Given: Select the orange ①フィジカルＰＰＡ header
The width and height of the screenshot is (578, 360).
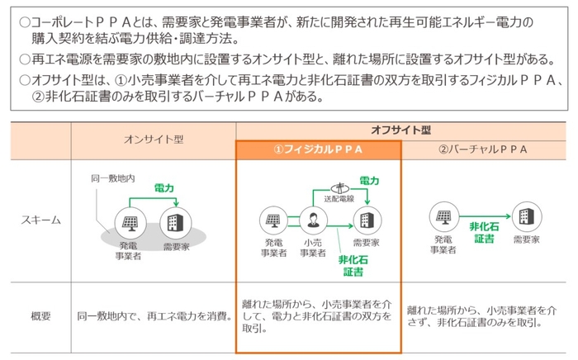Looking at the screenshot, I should [x=318, y=149].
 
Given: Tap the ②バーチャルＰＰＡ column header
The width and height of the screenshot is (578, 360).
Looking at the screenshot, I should [x=483, y=149].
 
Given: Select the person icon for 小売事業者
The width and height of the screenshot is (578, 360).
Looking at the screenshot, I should [x=314, y=220].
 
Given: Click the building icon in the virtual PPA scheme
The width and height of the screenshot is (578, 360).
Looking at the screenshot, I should [x=524, y=217].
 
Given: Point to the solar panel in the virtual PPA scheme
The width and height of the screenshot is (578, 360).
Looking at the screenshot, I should [x=440, y=217].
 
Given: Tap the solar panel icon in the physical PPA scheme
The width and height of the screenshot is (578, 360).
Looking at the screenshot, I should [x=271, y=220].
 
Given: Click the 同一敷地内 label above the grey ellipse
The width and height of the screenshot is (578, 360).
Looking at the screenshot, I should [x=111, y=178].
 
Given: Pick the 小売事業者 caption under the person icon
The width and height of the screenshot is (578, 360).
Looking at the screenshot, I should [x=313, y=249].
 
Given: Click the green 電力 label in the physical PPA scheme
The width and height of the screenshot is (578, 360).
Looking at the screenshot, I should [x=368, y=180].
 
